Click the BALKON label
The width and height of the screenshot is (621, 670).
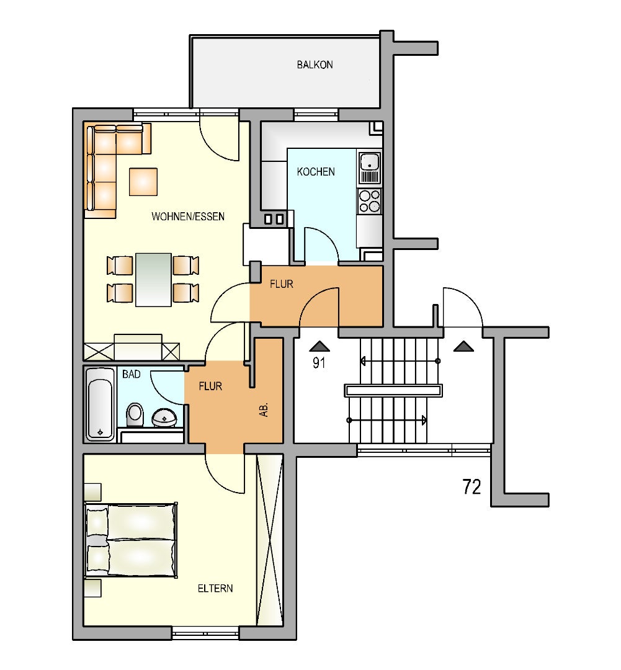point(315,65)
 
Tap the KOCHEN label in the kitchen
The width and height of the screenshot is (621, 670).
point(316,172)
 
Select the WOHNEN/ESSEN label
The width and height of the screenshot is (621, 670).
point(188,217)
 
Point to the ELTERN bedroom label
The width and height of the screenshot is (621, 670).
point(215,588)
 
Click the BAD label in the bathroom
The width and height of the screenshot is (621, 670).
point(131,374)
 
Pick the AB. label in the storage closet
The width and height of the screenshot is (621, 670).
point(264,409)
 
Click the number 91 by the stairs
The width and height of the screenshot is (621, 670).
point(319,363)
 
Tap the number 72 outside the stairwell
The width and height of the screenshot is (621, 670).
point(472,487)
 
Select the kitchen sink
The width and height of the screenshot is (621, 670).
point(370,167)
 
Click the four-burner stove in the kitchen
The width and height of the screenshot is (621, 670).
point(370,201)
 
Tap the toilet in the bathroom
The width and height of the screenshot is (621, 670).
point(135,415)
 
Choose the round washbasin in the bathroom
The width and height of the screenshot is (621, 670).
point(164,418)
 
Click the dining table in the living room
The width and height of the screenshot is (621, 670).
point(153,279)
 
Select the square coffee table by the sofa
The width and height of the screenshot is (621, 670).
point(143,182)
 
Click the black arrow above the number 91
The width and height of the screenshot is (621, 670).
point(319,346)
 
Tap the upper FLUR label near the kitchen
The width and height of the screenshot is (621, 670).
point(282,284)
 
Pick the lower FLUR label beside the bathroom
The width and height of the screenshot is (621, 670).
point(211,386)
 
